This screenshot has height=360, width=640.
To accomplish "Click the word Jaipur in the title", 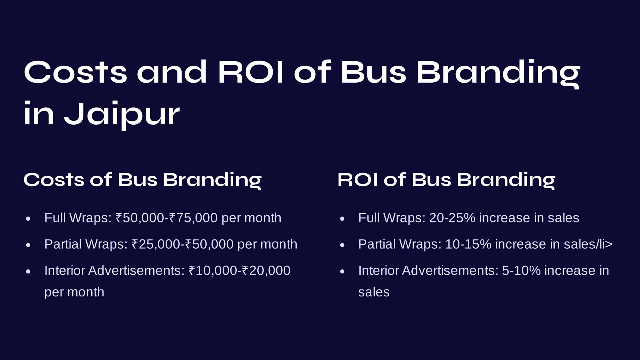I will click(122, 114).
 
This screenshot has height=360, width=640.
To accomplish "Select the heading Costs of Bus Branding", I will click(142, 180).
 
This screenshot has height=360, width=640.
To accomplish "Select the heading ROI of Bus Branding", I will click(446, 180).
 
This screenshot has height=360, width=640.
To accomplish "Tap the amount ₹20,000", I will click(266, 271).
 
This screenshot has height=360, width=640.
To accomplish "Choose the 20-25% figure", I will click(452, 218).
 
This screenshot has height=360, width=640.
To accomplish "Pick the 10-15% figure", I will click(468, 244).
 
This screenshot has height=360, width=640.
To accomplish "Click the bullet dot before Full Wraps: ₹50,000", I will click(28, 219).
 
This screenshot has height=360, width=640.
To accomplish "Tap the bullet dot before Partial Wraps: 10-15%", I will click(342, 245).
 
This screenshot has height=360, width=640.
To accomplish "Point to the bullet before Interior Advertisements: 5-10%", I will click(342, 271).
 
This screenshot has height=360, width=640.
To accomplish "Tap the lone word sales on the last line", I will click(374, 292).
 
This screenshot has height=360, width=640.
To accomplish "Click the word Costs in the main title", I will click(75, 72).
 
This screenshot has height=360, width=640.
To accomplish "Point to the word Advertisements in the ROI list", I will click(450, 271).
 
